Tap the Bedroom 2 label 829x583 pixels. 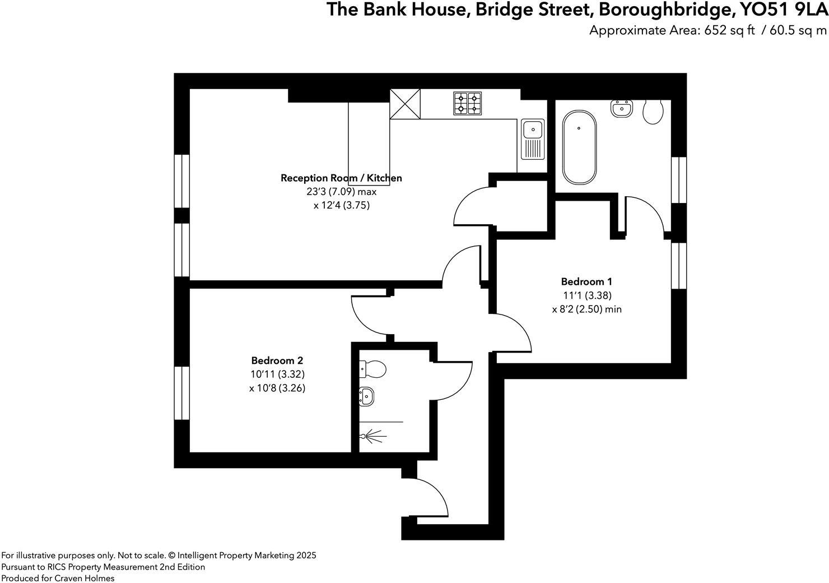[277, 360]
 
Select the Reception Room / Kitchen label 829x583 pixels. [341, 178]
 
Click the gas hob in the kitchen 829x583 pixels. [467, 103]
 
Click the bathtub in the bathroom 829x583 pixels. [579, 147]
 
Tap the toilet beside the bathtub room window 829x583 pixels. [653, 112]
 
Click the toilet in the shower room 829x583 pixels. [372, 369]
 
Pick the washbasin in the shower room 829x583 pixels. [366, 396]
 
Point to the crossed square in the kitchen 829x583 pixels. [405, 104]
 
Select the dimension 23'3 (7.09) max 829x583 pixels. [341, 192]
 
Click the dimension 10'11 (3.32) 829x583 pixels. [277, 374]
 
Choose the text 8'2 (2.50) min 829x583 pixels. [586, 309]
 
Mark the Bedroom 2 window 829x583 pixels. [181, 393]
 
